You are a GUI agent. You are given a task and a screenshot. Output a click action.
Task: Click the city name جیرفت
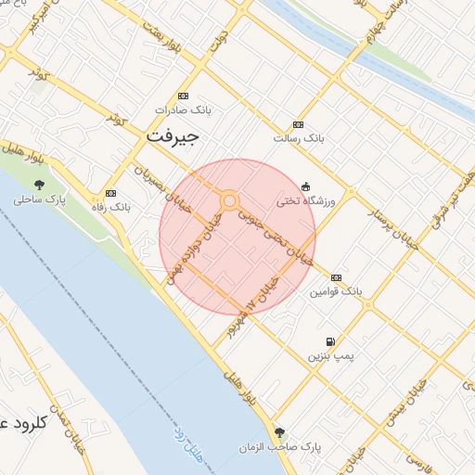click(x=173, y=136)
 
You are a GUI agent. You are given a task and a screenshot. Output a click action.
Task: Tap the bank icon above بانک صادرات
click(x=183, y=96)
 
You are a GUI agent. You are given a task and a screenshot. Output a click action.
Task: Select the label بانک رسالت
click(x=298, y=138)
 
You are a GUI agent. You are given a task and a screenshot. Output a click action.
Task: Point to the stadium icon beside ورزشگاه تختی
click(x=306, y=186)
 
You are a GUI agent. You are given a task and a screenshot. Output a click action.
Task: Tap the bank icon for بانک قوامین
click(x=335, y=277)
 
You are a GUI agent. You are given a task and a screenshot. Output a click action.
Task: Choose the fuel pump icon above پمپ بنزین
click(x=331, y=341)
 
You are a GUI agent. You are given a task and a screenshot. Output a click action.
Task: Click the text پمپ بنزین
click(x=332, y=356)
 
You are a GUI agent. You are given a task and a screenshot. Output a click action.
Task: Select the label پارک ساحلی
click(x=40, y=199)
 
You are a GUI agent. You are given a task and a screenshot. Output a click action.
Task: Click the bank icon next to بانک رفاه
click(x=111, y=193)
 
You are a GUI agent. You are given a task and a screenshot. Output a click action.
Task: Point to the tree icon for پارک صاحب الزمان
click(x=279, y=432)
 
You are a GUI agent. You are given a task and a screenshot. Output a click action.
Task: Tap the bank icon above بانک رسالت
click(x=298, y=124)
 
